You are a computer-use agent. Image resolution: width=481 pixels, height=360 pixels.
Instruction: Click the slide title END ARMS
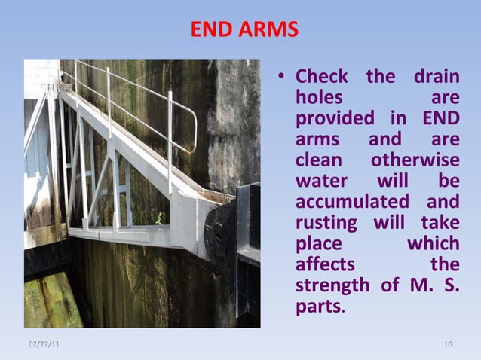click(244, 30)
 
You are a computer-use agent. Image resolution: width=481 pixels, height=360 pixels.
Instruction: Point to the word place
click(319, 244)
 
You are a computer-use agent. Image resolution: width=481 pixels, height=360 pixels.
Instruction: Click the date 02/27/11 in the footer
click(44, 344)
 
